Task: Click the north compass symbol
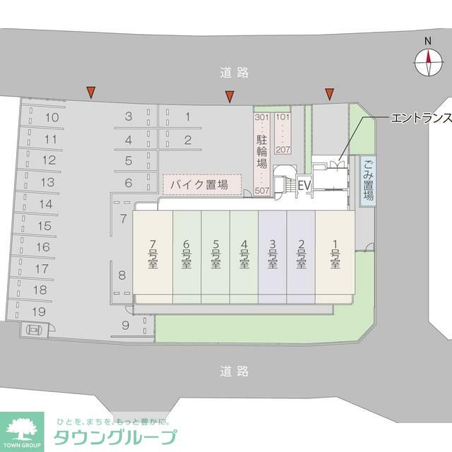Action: pos(428,64)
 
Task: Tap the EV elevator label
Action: pos(304,185)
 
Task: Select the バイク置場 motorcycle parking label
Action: pos(202,185)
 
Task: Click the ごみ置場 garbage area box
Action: pos(368,181)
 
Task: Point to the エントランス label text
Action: pos(420,118)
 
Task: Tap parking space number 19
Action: pos(40,311)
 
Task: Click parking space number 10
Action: pos(51,118)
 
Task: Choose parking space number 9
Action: pos(125,326)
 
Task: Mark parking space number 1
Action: pos(188,117)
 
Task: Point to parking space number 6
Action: pos(129,183)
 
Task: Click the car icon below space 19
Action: pos(35,328)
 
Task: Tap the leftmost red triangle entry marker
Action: pos(90,91)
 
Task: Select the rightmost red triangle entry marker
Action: pos(329,93)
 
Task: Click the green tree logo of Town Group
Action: pos(22,428)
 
